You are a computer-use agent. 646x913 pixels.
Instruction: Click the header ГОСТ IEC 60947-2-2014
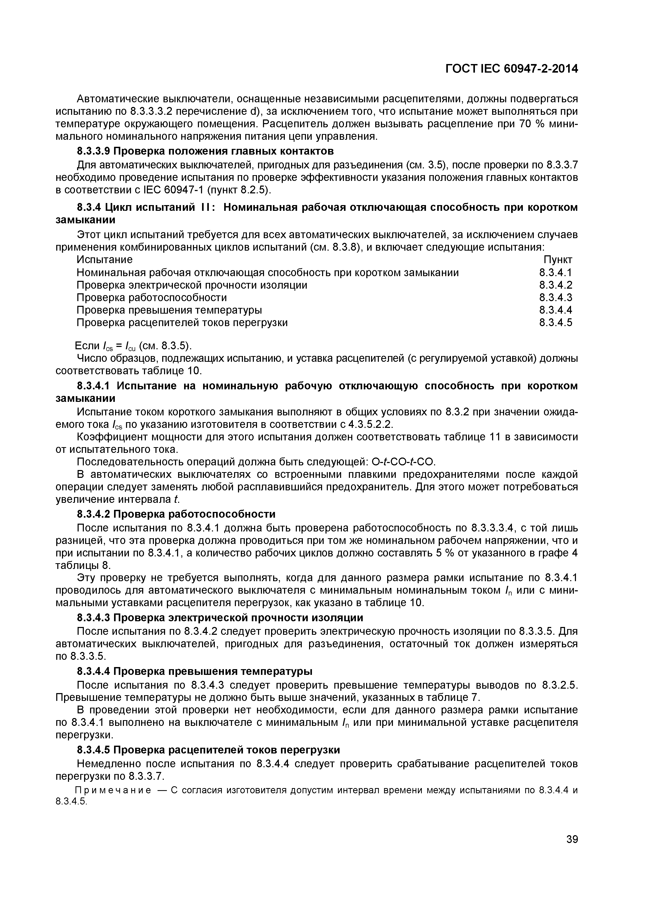tap(511, 69)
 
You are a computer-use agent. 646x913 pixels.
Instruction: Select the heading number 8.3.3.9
tap(94, 151)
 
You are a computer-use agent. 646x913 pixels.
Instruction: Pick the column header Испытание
tap(104, 260)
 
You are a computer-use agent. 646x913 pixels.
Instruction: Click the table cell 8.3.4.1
tap(555, 272)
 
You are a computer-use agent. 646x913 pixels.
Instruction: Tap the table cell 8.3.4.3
tap(555, 297)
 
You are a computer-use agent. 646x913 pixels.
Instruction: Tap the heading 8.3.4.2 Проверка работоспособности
tap(176, 514)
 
